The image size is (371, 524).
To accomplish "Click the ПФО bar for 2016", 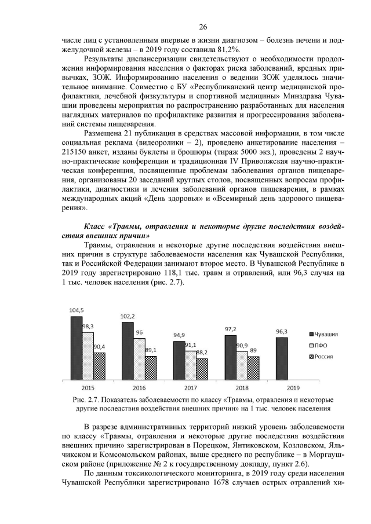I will click(139, 359).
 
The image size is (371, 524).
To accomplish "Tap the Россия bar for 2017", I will click(202, 369).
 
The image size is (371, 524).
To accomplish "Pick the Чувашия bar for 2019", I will click(281, 359).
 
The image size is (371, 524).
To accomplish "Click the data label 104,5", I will click(77, 310).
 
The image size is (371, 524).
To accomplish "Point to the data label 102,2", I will click(128, 317).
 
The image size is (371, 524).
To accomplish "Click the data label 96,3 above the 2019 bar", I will click(281, 332).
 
